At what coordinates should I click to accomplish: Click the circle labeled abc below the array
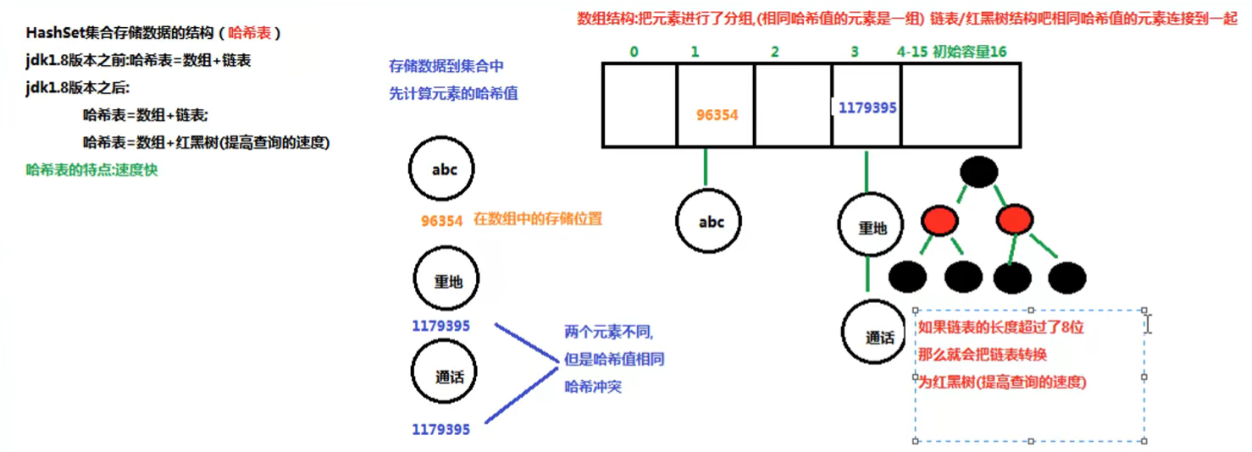pos(712,222)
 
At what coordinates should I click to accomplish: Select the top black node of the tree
pos(978,173)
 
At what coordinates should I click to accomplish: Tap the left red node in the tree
pos(939,222)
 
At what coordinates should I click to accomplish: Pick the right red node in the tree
pos(1015,222)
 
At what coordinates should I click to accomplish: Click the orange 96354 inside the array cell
pos(717,114)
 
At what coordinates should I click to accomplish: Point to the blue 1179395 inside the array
pos(867,107)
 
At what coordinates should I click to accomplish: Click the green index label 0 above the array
pos(634,52)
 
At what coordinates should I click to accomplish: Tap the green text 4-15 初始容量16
pos(951,52)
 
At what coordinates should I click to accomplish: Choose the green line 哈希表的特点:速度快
pos(92,169)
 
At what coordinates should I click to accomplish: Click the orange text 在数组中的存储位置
pos(538,218)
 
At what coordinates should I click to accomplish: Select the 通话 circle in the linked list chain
pos(878,336)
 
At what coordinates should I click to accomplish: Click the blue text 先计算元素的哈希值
pos(453,93)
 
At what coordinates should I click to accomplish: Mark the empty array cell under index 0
pos(640,105)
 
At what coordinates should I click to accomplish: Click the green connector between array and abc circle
pos(704,167)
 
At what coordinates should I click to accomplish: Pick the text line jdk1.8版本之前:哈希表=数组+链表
pos(138,61)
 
